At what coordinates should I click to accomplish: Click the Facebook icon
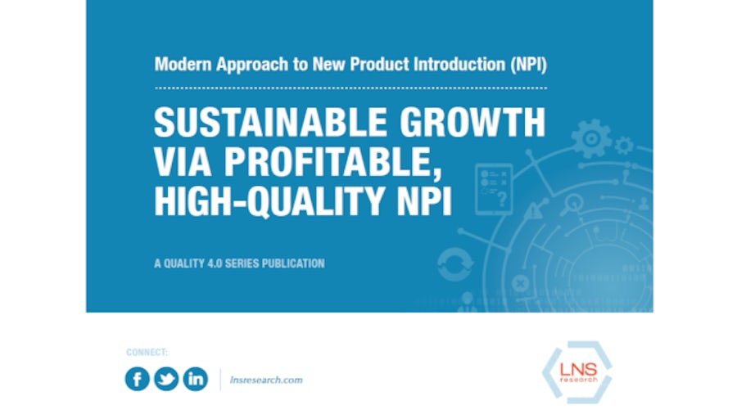[x=138, y=379]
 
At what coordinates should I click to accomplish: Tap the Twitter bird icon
[x=166, y=379]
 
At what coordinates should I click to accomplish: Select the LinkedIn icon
[x=196, y=379]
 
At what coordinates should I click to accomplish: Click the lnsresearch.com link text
[x=266, y=380]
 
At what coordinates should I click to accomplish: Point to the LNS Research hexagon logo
[x=577, y=372]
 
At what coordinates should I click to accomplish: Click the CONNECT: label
[x=147, y=352]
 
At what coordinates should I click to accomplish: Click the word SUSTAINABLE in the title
[x=271, y=122]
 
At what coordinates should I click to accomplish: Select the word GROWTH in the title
[x=472, y=122]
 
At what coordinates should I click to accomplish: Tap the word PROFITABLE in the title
[x=332, y=162]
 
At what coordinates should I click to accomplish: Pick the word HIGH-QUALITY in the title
[x=269, y=202]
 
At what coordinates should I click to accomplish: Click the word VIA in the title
[x=183, y=162]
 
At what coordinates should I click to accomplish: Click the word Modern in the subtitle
[x=183, y=65]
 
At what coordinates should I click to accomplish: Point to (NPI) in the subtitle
[x=529, y=65]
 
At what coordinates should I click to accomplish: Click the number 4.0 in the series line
[x=215, y=263]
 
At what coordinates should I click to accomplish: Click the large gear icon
[x=591, y=138]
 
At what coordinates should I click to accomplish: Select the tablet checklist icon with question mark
[x=494, y=189]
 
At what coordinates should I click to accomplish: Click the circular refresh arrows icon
[x=455, y=264]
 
